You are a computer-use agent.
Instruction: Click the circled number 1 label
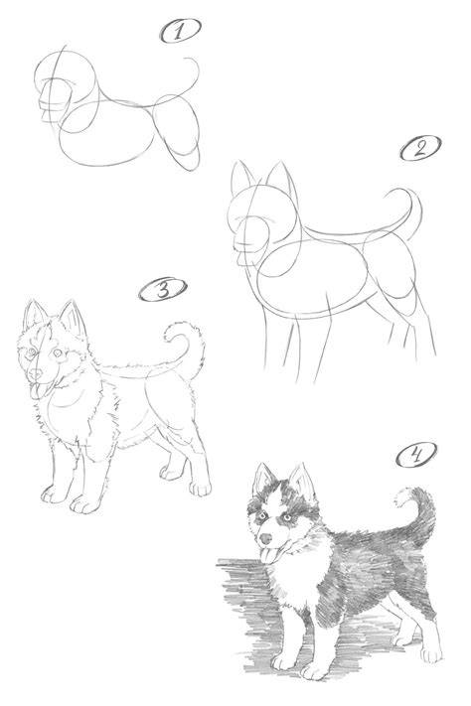pos(180,31)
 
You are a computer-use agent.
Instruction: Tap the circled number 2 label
pos(420,147)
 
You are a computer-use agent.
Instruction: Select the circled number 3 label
pos(162,289)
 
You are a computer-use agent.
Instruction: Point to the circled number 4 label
pos(416,455)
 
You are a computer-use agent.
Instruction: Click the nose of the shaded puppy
pos(266,538)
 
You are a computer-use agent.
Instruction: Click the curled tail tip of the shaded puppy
pos(402,496)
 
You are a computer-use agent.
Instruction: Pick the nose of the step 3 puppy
pos(35,373)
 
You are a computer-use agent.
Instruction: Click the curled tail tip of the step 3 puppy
pos(172,332)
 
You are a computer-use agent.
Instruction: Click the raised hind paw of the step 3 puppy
pos(170,472)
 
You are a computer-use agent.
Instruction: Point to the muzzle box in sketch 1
pos(54,101)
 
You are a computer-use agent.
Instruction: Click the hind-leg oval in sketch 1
pos(177,130)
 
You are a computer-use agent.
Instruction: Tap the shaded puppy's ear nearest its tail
pos(303,483)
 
